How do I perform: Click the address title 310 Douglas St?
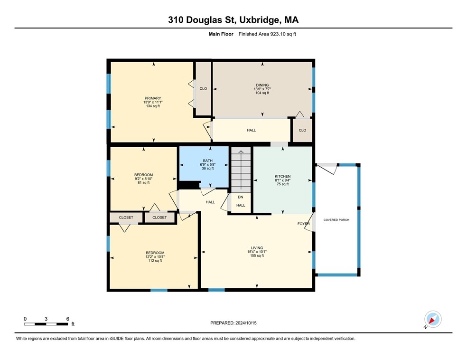coord(233,20)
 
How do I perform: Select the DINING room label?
coord(262,85)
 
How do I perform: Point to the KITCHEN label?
coord(282,176)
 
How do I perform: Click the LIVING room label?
coord(257,247)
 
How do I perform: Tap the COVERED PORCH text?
coord(336,220)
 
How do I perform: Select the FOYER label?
coord(304,224)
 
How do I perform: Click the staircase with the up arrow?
coord(240,170)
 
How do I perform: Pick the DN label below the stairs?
coord(241,197)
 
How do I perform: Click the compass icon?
coord(432,320)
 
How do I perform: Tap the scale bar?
coord(46,324)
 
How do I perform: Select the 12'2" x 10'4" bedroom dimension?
coord(155,256)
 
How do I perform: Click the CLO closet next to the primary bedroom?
coord(203,88)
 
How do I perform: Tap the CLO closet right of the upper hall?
coord(302,130)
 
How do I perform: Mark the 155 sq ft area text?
coord(257,256)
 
